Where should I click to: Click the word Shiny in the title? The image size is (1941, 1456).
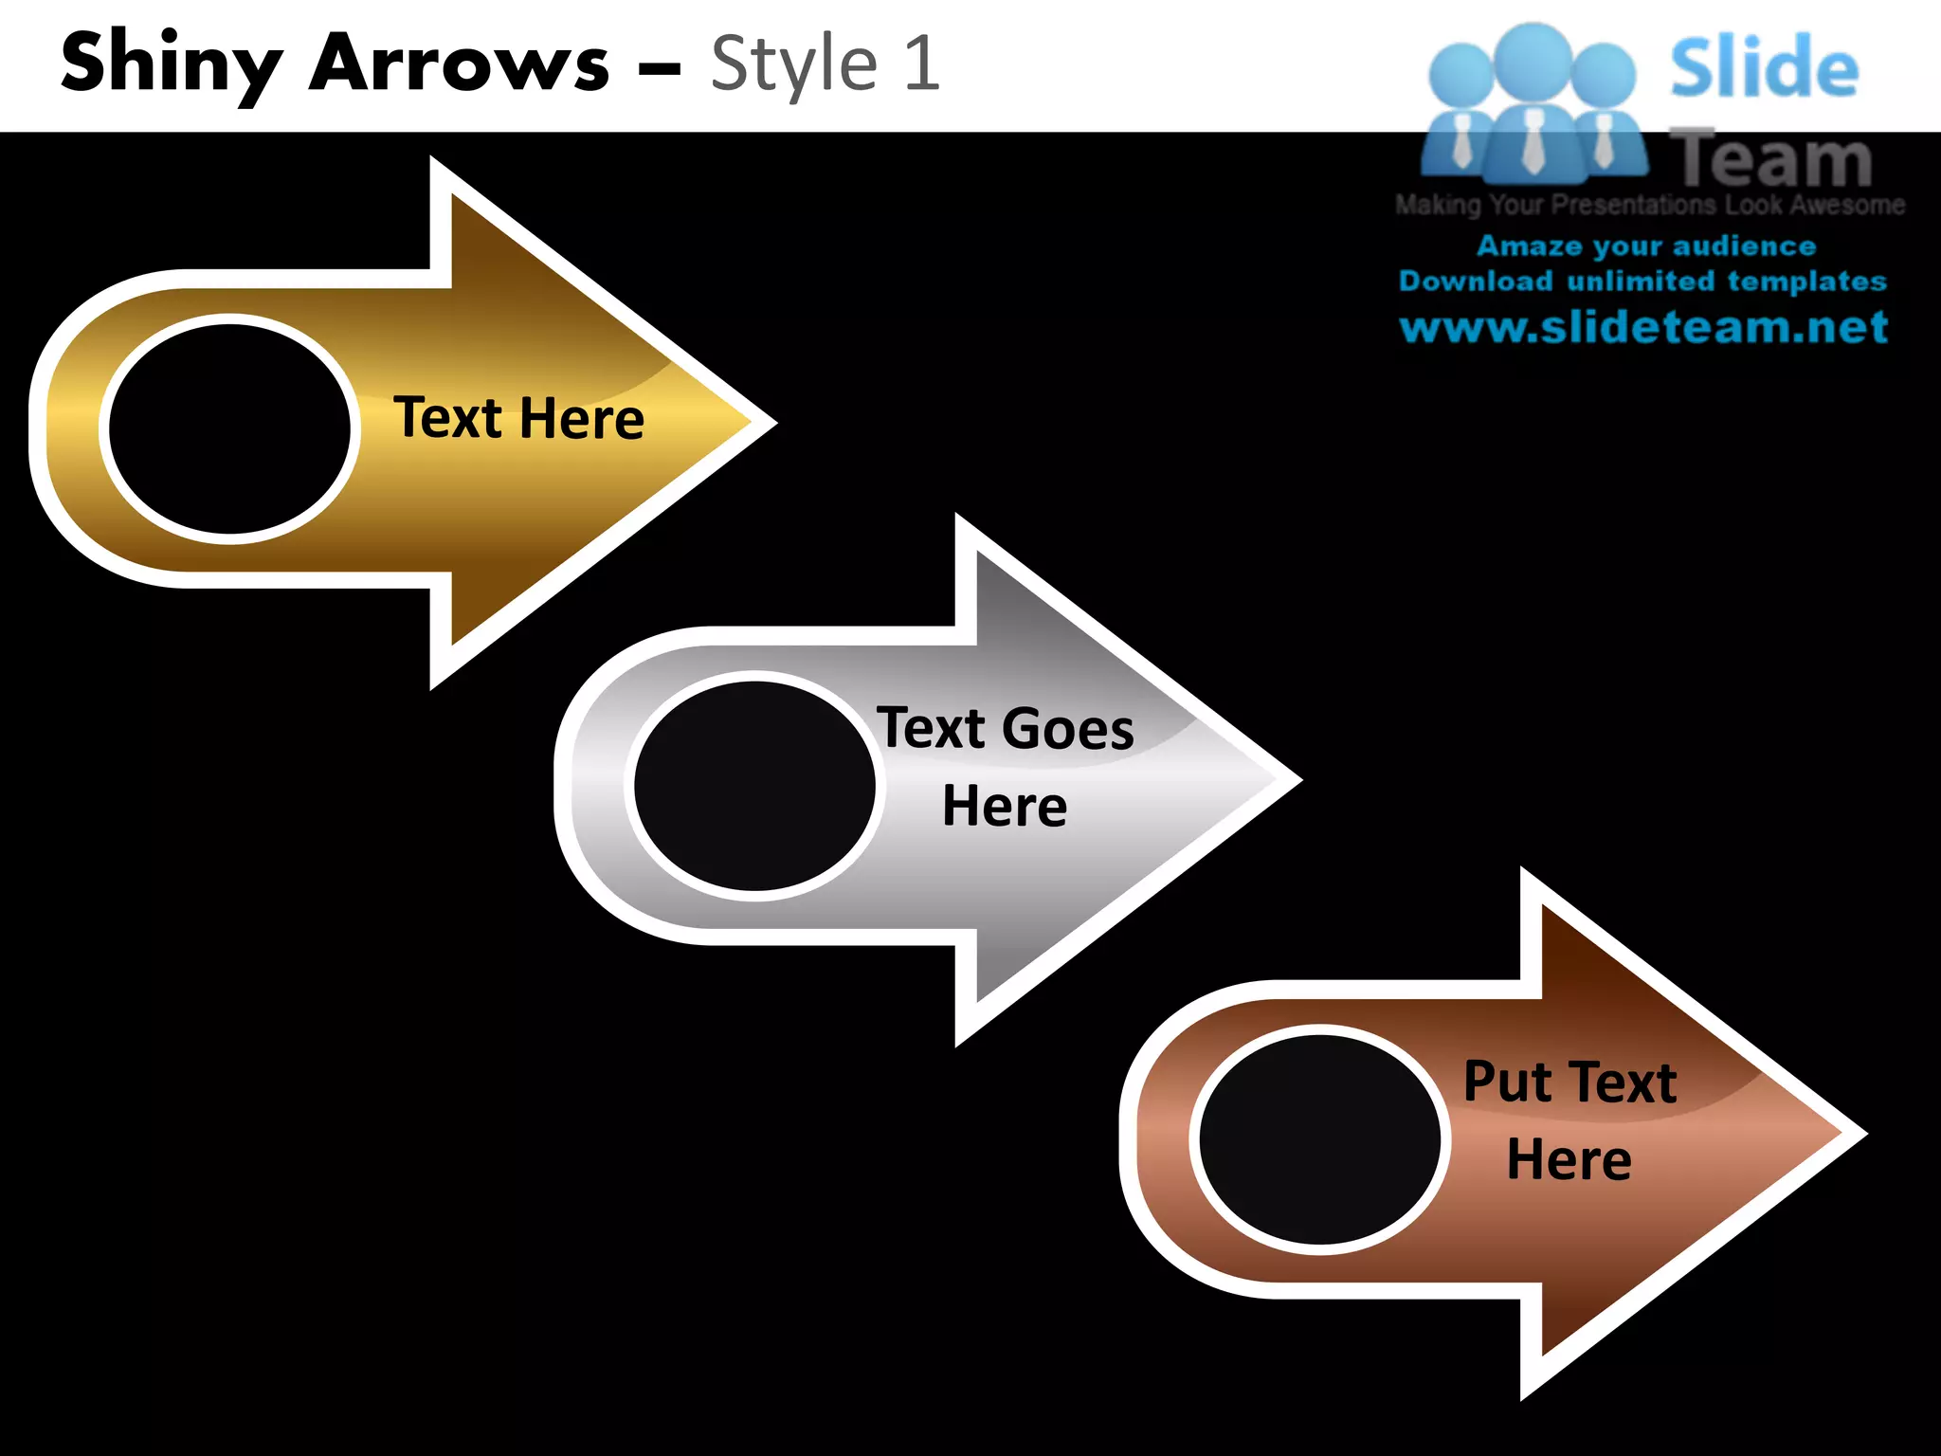[171, 64]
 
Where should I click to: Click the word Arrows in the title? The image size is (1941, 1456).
[460, 64]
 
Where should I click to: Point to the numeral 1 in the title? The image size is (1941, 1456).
[921, 64]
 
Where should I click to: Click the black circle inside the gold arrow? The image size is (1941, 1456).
[229, 428]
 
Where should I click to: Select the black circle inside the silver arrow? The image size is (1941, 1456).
[754, 786]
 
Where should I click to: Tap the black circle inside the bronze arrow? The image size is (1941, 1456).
[1319, 1139]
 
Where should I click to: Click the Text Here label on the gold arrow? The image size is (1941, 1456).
[518, 418]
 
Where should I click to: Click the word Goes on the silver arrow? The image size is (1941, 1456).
[1067, 729]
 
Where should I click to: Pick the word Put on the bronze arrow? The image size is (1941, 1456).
[1508, 1082]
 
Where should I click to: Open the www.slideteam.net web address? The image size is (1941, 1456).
[1643, 327]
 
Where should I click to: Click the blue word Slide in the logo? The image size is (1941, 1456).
[1764, 68]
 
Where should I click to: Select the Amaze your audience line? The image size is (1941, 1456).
[1646, 246]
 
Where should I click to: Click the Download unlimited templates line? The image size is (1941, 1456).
[1642, 282]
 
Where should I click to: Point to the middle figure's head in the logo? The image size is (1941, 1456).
[1533, 59]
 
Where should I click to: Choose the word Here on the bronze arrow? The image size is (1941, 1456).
[1569, 1159]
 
